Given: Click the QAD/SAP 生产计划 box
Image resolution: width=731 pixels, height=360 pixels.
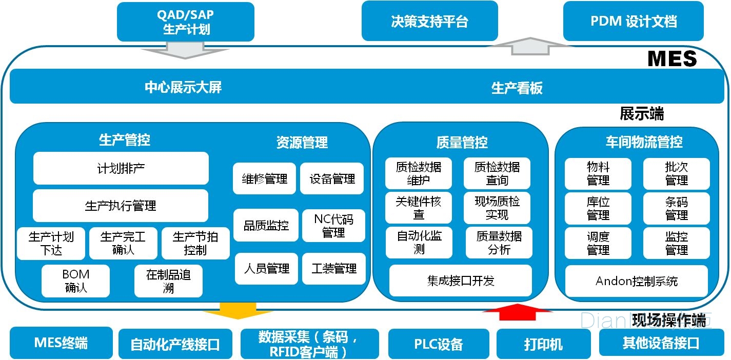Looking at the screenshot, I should [x=186, y=22].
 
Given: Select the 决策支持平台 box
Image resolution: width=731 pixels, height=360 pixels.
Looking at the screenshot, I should [x=429, y=22].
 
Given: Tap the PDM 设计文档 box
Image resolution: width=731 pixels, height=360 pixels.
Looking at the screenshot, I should [x=633, y=22].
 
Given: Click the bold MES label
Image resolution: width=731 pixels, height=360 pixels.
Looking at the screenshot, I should [x=672, y=58].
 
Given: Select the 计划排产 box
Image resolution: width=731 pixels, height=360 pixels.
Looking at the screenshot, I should [x=121, y=168].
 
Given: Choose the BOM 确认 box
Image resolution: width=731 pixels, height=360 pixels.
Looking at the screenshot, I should [x=75, y=281].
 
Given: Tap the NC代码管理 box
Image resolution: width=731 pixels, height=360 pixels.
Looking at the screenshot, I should [x=333, y=226].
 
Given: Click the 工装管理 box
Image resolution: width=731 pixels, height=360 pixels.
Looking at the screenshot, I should [x=333, y=269].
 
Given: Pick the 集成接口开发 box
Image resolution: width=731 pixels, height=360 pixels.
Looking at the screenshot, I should [x=460, y=281].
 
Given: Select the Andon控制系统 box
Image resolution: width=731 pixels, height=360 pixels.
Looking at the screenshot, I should [x=636, y=281].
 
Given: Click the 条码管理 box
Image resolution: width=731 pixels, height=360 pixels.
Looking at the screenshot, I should [x=676, y=208].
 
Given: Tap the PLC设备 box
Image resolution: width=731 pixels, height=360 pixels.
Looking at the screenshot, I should [x=438, y=343].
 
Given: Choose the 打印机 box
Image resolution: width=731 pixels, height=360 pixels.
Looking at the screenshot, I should [x=543, y=344].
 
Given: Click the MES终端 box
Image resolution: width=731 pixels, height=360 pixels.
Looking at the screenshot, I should [x=61, y=342].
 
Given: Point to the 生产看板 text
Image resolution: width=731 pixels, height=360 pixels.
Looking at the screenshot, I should [x=517, y=88].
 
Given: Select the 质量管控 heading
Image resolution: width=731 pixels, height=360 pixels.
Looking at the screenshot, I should [x=462, y=142].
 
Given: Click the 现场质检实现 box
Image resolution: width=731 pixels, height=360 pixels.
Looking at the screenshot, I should [x=497, y=208].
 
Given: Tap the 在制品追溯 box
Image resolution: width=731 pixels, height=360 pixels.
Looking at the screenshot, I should [x=168, y=281].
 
